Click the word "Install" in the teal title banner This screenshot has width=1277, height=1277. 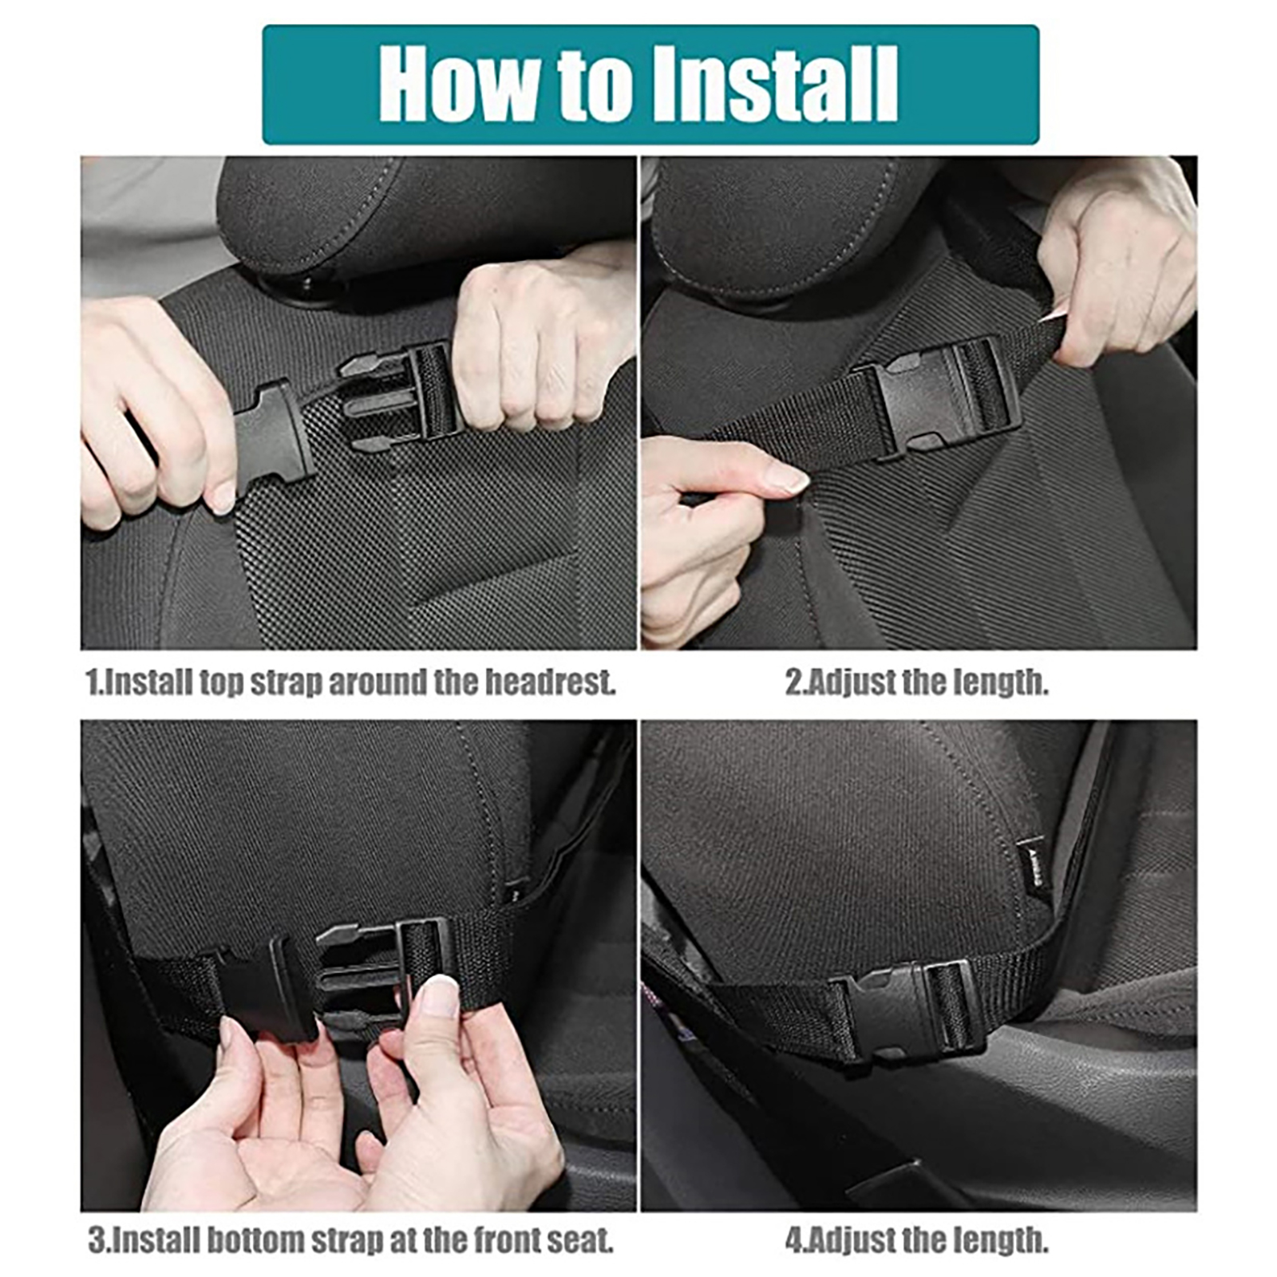775,84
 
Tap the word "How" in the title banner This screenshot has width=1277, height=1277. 459,84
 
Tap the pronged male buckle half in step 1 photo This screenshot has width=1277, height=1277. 399,395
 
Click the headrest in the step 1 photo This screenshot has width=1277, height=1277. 423,219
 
